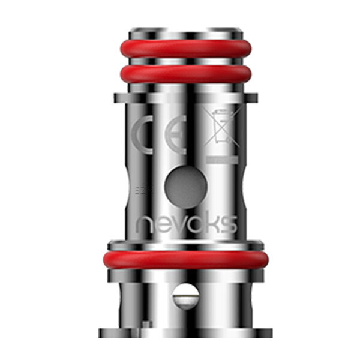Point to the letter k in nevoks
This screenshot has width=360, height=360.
[211, 223]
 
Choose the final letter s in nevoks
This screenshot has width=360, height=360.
[227, 224]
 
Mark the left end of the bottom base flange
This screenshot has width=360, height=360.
[105, 332]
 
